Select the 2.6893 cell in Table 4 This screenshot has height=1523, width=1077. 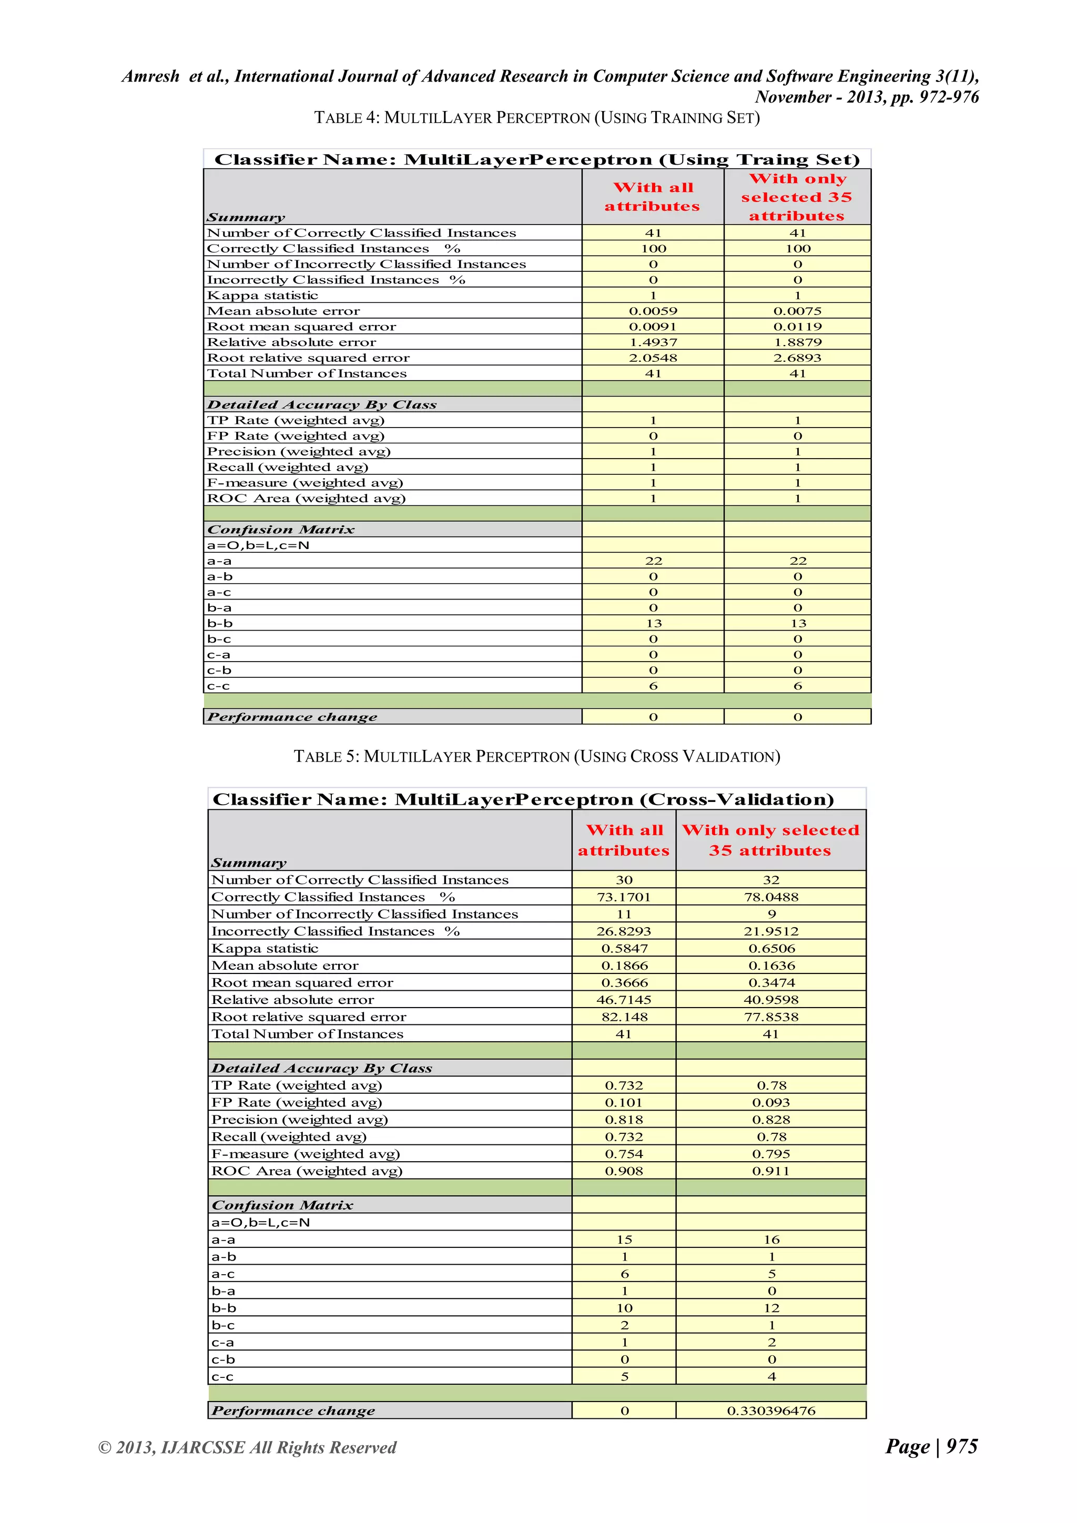[797, 358]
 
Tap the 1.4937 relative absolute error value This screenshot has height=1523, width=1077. [653, 342]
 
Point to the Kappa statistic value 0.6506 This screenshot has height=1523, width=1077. [771, 949]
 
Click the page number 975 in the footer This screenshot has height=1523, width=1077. [962, 1446]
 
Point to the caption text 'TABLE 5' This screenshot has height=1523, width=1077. [326, 757]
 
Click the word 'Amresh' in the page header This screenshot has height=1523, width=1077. [150, 76]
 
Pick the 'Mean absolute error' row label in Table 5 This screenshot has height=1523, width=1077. [285, 966]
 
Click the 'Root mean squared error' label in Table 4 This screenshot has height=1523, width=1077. [301, 327]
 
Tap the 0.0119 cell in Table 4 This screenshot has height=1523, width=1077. [797, 327]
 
